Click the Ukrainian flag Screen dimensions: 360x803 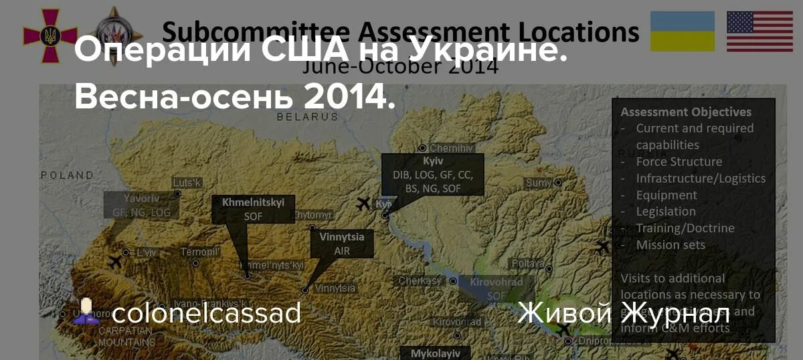pos(683,31)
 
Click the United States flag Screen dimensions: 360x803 pos(760,31)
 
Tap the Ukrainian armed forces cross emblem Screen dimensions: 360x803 pos(50,35)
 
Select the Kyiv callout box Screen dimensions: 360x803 pos(433,175)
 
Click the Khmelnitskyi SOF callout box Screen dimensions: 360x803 pos(253,209)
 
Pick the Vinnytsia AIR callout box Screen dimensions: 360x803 pos(341,244)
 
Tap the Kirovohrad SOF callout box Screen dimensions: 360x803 pos(496,288)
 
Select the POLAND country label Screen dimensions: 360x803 pos(68,175)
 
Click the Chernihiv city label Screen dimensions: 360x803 pos(451,148)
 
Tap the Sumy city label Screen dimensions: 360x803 pos(539,183)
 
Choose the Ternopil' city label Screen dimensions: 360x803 pos(200,252)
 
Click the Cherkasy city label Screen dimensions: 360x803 pos(420,281)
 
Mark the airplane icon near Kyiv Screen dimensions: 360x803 pos(364,203)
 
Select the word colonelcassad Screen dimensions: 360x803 pos(206,312)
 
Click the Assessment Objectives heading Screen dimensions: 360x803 pos(685,112)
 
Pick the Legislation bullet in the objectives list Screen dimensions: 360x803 pos(666,211)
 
